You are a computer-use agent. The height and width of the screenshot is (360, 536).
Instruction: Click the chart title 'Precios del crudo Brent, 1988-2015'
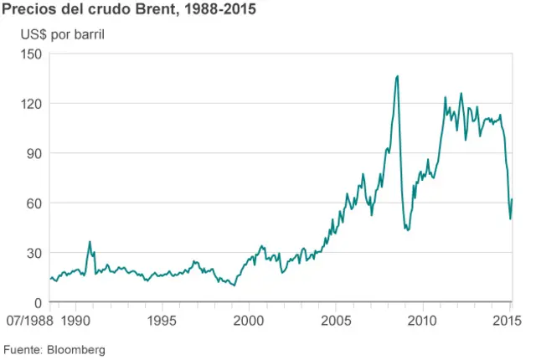coord(129,11)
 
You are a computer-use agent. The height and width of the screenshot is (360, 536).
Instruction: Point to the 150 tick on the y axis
coord(32,54)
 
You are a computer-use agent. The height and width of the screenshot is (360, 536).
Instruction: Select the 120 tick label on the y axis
coord(32,104)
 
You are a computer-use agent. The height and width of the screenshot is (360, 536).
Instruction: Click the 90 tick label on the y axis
coord(35,153)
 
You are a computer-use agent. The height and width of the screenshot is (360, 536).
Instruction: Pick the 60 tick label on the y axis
coord(35,203)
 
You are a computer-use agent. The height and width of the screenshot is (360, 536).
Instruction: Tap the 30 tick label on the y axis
coord(35,253)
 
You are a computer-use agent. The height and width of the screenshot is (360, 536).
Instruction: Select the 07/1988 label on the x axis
coord(28,321)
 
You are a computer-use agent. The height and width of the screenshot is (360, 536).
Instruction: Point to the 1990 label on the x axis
coord(75,321)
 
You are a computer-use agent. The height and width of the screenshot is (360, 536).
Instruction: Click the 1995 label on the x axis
coord(162,321)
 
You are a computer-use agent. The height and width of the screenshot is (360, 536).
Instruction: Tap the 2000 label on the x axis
coord(249,321)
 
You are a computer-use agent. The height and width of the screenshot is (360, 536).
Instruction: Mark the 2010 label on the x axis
coord(422,321)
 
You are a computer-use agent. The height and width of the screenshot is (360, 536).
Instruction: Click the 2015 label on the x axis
coord(508,321)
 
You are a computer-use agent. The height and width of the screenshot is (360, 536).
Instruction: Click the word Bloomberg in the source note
coord(76,348)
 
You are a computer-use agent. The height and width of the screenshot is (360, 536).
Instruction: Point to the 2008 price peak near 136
coord(397,76)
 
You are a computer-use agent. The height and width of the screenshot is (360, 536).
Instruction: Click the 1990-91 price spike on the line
coord(90,242)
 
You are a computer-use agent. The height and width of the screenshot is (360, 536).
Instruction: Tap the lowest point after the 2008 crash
coord(407,229)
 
